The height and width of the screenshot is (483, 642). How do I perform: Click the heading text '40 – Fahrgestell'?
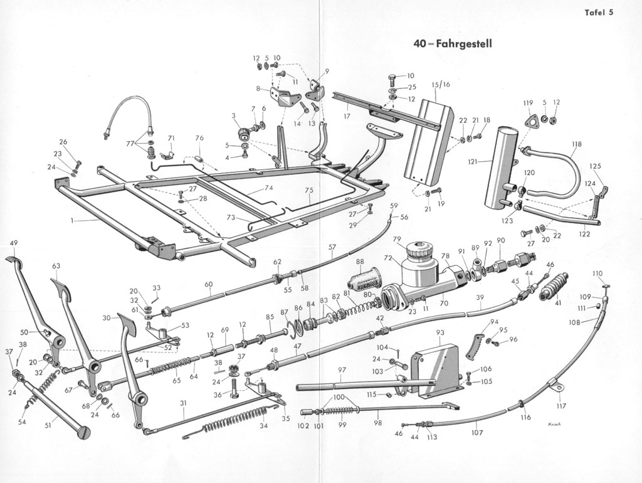tap(453, 44)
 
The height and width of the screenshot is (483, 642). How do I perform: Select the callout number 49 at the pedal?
tap(14, 243)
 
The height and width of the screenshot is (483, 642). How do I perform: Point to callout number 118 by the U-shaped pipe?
tap(576, 144)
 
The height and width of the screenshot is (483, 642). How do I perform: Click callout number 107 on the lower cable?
tap(477, 432)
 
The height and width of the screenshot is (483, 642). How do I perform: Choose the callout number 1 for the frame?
tap(73, 221)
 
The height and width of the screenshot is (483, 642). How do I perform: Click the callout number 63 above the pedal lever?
tap(56, 266)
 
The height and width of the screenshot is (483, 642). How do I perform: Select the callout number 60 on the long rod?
tap(208, 284)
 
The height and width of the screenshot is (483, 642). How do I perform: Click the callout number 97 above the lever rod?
tap(342, 370)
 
